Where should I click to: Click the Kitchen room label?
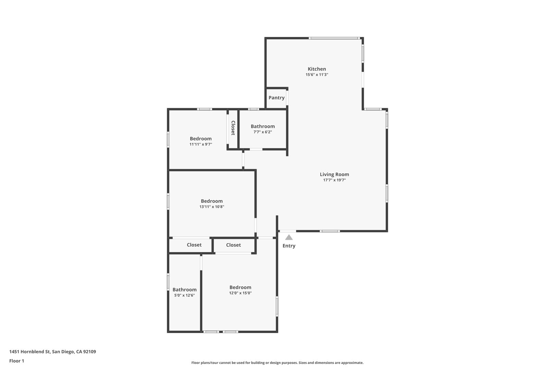tap(317, 69)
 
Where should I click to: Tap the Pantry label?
tap(276, 98)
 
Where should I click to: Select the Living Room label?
tap(334, 174)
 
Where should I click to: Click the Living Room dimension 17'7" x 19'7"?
tap(334, 180)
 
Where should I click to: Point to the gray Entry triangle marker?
tap(289, 237)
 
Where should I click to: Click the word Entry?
tap(289, 246)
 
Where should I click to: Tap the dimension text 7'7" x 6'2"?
tap(262, 132)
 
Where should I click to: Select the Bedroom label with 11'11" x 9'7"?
tap(201, 139)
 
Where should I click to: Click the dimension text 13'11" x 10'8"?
tap(212, 207)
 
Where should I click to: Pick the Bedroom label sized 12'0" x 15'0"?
tap(240, 287)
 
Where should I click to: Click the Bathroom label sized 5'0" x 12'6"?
tap(184, 289)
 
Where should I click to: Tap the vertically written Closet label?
tap(233, 128)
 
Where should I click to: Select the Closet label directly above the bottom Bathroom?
tap(194, 245)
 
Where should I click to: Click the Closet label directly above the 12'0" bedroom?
tap(233, 245)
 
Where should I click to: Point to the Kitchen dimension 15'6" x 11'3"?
tap(317, 74)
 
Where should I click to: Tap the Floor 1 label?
tap(16, 361)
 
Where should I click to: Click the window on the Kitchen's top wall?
tap(334, 38)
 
